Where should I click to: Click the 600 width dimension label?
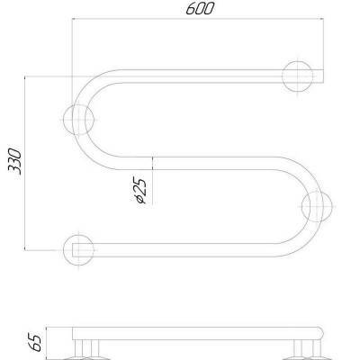200,8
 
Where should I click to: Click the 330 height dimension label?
14,161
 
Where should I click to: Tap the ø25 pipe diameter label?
139,191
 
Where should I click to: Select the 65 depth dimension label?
34,342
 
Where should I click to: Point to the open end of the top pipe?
323,76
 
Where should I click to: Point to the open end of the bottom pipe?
73,250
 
